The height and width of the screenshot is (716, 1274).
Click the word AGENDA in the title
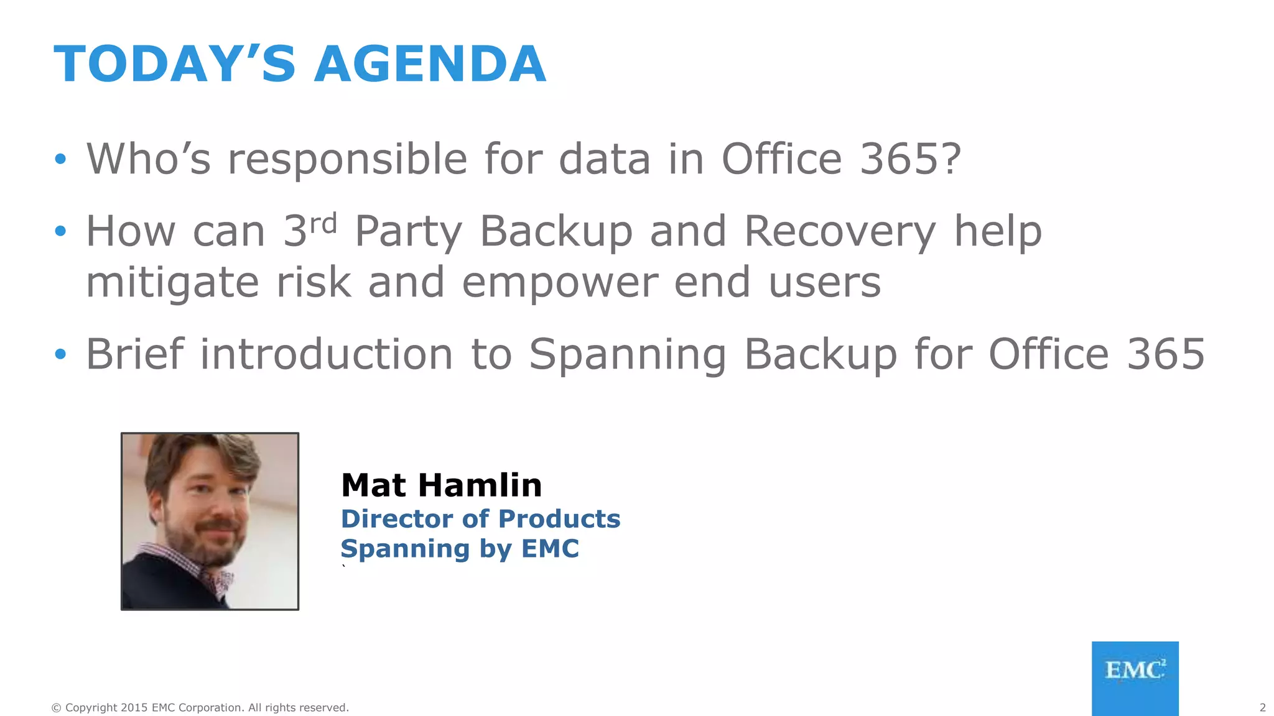click(x=430, y=64)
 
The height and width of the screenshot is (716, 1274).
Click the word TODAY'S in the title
click(x=175, y=64)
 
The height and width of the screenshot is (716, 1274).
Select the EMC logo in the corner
click(x=1135, y=677)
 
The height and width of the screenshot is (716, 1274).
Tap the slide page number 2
click(x=1262, y=707)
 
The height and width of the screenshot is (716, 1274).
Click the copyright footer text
click(x=200, y=707)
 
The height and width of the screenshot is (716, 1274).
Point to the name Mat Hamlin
click(x=441, y=485)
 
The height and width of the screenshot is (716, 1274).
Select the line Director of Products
click(x=480, y=518)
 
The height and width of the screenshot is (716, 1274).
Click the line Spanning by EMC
click(x=460, y=548)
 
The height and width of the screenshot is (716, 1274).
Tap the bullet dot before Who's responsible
click(x=60, y=159)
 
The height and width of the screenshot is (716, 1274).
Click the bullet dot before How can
click(x=60, y=231)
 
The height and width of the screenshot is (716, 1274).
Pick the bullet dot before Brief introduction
click(x=60, y=354)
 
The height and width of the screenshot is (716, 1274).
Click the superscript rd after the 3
click(x=323, y=223)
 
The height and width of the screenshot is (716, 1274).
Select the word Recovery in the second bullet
click(x=840, y=231)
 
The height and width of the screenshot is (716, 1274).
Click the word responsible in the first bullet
click(x=348, y=159)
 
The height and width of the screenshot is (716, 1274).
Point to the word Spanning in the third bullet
click(x=628, y=354)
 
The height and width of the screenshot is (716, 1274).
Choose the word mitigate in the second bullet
click(x=172, y=282)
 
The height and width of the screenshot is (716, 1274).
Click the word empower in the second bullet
click(x=560, y=282)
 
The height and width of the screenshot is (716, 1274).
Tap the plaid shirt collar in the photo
click(x=215, y=578)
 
